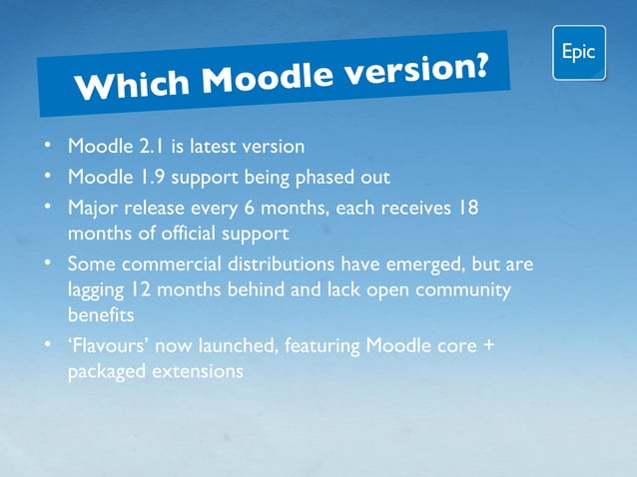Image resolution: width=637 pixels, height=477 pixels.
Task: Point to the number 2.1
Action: tap(151, 148)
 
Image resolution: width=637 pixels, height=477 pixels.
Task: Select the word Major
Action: tap(94, 210)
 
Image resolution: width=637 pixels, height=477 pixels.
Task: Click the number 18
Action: tap(467, 210)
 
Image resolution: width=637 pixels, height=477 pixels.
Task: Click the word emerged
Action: tap(377, 265)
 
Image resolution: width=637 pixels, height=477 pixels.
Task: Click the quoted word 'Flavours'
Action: tap(106, 346)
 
